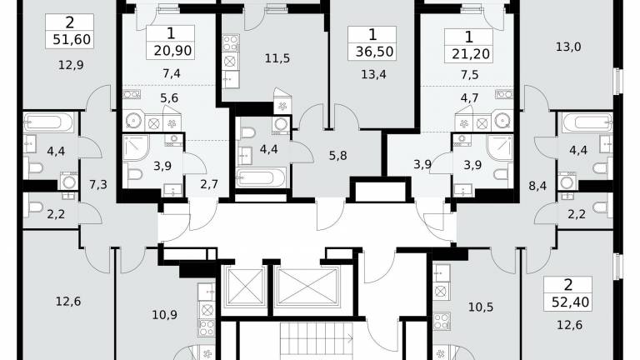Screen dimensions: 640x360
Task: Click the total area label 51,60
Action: point(72,40)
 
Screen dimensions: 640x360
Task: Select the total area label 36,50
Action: point(374,52)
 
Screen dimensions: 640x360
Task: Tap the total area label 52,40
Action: point(570,302)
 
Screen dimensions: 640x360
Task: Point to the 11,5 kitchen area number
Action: point(277,58)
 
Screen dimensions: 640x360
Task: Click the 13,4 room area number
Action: point(373,74)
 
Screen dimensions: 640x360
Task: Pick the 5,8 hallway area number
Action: point(338,156)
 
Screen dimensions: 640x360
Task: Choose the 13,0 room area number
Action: point(568,47)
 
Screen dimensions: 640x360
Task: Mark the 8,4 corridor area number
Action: point(537,186)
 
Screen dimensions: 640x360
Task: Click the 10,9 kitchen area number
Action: point(164,315)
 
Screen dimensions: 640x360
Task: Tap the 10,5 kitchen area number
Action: point(481,307)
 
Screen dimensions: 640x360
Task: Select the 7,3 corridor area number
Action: point(98,184)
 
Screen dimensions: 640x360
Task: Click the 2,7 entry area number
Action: point(209,184)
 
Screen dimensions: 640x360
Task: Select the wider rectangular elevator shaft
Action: point(307,287)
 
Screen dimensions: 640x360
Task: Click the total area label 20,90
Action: point(172,51)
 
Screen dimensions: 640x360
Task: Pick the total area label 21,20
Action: point(471,53)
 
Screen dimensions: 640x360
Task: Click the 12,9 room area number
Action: point(71,64)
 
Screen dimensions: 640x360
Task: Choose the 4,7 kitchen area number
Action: point(469,98)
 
